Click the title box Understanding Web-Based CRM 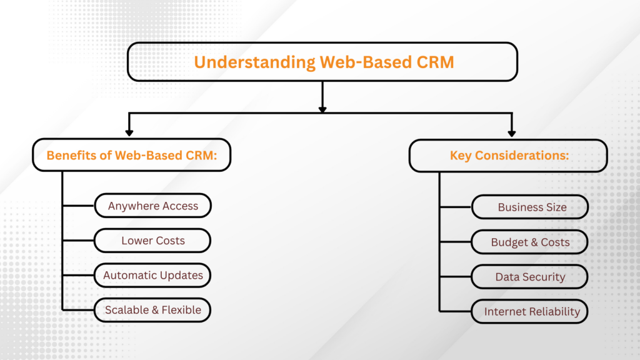pyautogui.click(x=322, y=62)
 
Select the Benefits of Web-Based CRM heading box pyautogui.click(x=132, y=156)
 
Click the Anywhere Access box pyautogui.click(x=153, y=206)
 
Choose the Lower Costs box pyautogui.click(x=153, y=240)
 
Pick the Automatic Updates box pyautogui.click(x=153, y=275)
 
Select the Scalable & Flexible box pyautogui.click(x=153, y=310)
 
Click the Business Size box pyautogui.click(x=530, y=207)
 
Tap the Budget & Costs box pyautogui.click(x=530, y=242)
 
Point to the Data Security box pyautogui.click(x=530, y=276)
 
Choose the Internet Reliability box pyautogui.click(x=530, y=311)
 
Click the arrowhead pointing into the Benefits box pyautogui.click(x=129, y=132)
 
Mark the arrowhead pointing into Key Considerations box pyautogui.click(x=511, y=132)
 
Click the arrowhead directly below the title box pyautogui.click(x=322, y=108)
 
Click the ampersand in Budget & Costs pyautogui.click(x=530, y=242)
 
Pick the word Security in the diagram pyautogui.click(x=544, y=276)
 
